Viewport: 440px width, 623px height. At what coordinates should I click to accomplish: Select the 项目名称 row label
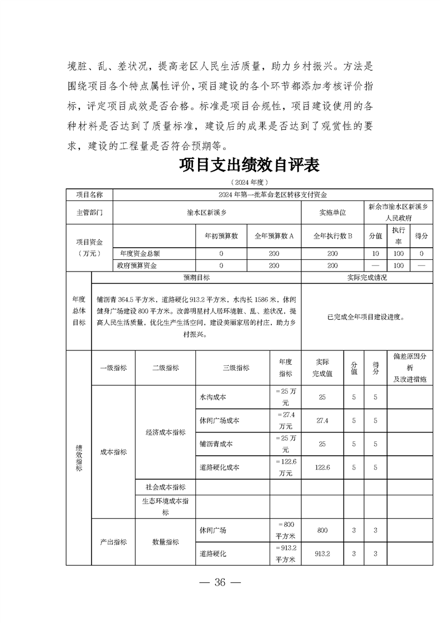tap(89, 194)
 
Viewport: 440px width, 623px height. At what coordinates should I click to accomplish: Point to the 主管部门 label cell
tap(89, 212)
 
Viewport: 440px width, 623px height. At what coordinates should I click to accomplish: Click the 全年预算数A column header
tap(274, 235)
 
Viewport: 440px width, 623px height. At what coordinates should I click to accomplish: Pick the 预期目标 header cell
tap(196, 277)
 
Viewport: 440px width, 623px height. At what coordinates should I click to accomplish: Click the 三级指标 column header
tap(232, 368)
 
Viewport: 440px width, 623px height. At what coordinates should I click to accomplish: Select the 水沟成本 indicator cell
tap(213, 398)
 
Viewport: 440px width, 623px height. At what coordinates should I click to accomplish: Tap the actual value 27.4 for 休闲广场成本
tap(322, 421)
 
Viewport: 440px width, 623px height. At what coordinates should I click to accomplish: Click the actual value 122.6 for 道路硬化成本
tap(322, 468)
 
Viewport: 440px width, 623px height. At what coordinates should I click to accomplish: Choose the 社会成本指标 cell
tap(165, 487)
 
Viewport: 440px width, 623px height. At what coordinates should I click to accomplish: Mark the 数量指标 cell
tap(165, 542)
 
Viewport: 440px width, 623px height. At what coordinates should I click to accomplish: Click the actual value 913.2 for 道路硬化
tap(322, 554)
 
